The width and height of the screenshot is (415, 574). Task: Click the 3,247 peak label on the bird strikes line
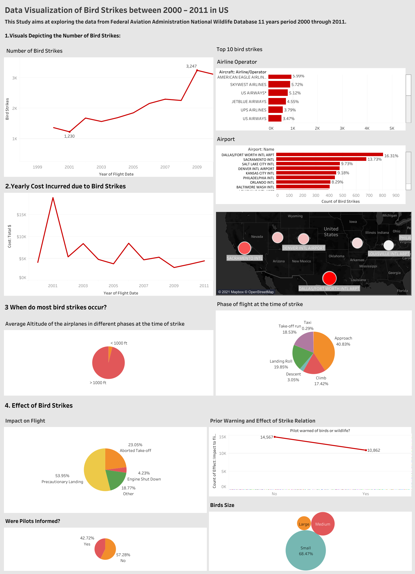pyautogui.click(x=191, y=66)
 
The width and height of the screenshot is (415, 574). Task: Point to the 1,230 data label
pyautogui.click(x=69, y=136)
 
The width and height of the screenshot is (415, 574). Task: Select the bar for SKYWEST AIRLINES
pyautogui.click(x=279, y=84)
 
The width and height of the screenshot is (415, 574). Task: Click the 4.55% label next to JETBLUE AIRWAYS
pyautogui.click(x=293, y=102)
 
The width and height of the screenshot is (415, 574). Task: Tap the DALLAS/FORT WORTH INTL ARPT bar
pyautogui.click(x=329, y=155)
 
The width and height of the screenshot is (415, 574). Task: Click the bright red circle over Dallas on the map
pyautogui.click(x=329, y=278)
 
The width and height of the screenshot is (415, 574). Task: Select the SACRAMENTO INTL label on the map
pyautogui.click(x=245, y=258)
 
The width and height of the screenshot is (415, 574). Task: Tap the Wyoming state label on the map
pyautogui.click(x=295, y=216)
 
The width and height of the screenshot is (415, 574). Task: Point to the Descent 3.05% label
pyautogui.click(x=293, y=377)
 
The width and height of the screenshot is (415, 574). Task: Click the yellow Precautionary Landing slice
pyautogui.click(x=94, y=470)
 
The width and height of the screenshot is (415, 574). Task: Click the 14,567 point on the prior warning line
pyautogui.click(x=275, y=437)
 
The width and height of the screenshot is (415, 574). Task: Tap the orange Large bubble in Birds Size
pyautogui.click(x=304, y=523)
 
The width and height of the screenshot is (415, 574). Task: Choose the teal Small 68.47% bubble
pyautogui.click(x=306, y=550)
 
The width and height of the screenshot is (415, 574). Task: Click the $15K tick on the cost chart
pyautogui.click(x=21, y=215)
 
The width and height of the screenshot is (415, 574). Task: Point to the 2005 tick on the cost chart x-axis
pyautogui.click(x=113, y=286)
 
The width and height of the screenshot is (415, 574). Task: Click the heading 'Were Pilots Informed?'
pyautogui.click(x=33, y=521)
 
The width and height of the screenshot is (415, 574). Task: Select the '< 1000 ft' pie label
pyautogui.click(x=119, y=343)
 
